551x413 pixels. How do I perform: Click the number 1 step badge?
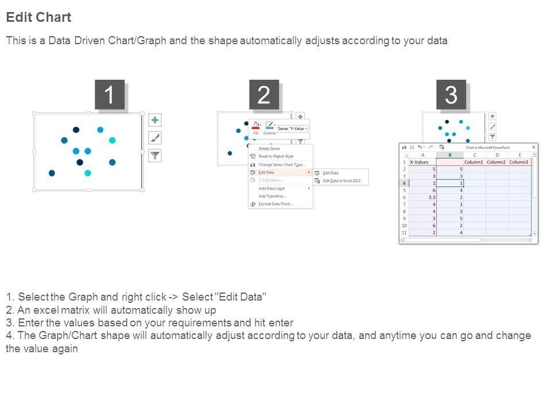(109, 95)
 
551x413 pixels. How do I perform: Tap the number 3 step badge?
(451, 95)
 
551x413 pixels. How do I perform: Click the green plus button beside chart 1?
(155, 120)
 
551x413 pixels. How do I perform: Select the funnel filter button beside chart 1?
(155, 155)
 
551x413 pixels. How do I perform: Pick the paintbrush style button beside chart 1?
(155, 138)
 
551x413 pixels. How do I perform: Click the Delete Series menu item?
(269, 149)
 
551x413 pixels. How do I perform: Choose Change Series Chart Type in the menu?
(281, 165)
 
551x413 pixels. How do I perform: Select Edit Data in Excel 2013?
(342, 181)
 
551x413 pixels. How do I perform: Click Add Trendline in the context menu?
(272, 196)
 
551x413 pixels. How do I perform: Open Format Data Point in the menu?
(275, 204)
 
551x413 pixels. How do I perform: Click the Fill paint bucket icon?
(255, 126)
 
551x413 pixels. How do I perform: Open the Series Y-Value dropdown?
(293, 129)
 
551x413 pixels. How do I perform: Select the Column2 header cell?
(496, 162)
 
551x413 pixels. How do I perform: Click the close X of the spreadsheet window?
(534, 147)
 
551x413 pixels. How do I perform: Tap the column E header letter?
(519, 155)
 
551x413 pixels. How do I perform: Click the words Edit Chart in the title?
(38, 17)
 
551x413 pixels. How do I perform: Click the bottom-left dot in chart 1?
(52, 173)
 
